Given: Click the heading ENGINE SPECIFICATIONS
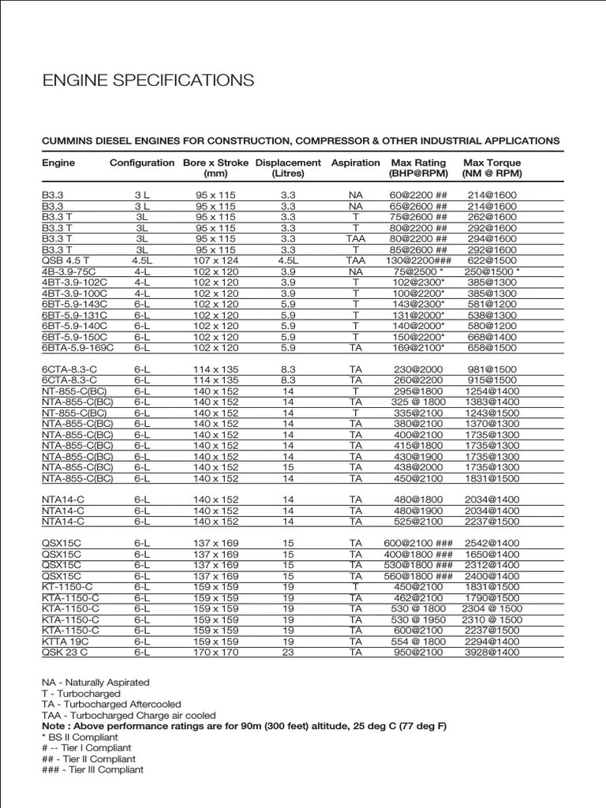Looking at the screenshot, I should pos(148,80).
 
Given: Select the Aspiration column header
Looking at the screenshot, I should pos(355,163).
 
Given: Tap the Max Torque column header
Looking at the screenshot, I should pos(493,168).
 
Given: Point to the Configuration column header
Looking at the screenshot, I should pos(142,163).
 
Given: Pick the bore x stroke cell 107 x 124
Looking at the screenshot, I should pos(215,260).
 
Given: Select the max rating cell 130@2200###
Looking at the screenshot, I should pos(418,260).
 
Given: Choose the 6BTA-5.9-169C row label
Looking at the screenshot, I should pos(78,347).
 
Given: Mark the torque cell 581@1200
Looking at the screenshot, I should pos(493,304).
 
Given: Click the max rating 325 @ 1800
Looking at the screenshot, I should pos(418,402).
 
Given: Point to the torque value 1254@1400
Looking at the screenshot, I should pos(493,391).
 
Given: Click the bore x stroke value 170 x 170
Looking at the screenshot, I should pos(215,653).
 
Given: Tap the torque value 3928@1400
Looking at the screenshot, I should pos(493,653).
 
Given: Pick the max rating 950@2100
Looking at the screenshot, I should pos(418,653).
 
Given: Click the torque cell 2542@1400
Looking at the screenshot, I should pos(493,543).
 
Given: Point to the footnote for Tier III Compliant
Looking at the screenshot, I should pos(92,769).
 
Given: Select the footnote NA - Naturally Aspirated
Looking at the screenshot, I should pos(95,682).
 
